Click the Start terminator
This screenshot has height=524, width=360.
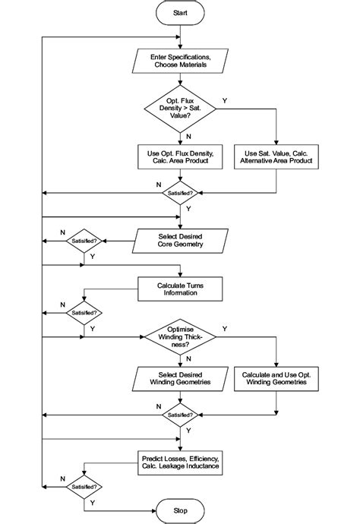pos(180,13)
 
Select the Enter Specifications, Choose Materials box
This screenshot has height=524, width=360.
pos(180,61)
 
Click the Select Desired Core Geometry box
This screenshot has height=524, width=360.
pos(180,241)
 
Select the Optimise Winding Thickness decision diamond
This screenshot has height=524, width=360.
pos(180,336)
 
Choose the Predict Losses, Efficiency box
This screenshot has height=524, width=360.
pos(180,463)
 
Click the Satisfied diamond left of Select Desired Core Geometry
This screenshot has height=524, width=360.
pos(84,241)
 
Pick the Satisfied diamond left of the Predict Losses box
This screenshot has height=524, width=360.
pos(84,486)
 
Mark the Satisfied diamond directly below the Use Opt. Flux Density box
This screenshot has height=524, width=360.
pos(180,193)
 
